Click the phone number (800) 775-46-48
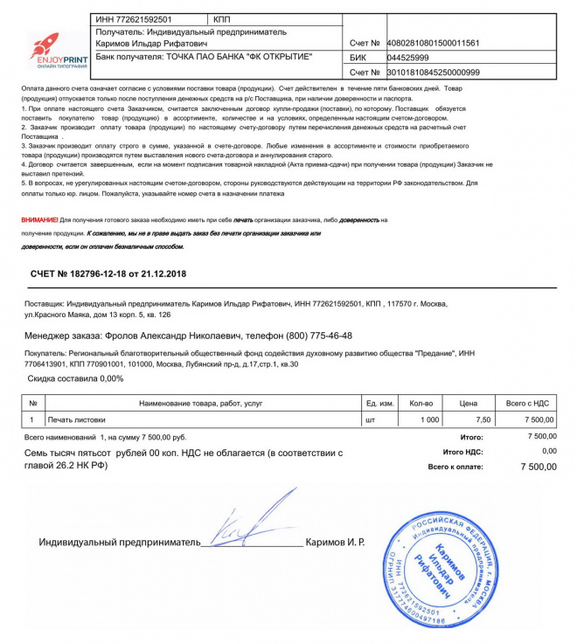[315, 336]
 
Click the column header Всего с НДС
[527, 403]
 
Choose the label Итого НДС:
[463, 452]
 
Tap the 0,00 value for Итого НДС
[548, 451]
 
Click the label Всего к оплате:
[455, 467]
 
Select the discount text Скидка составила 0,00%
[76, 378]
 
